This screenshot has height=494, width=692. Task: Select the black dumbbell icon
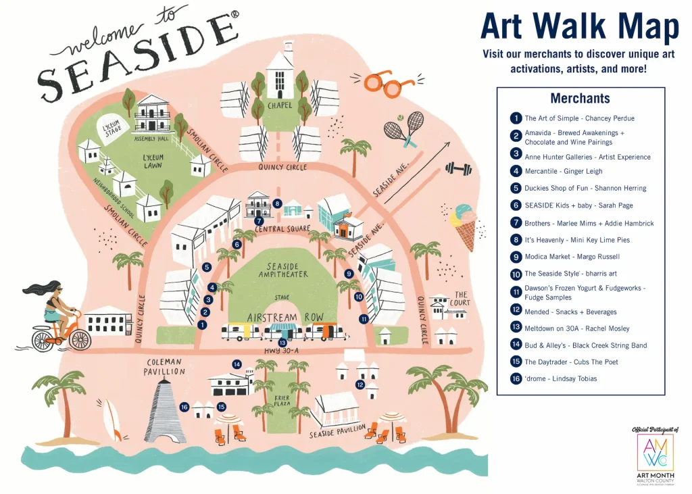[x=458, y=168]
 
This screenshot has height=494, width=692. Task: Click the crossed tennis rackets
[x=405, y=128]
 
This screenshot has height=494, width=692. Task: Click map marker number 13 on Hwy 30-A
[x=282, y=343]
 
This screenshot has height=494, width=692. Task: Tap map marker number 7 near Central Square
[x=259, y=221]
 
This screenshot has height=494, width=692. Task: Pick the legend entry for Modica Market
[x=572, y=257]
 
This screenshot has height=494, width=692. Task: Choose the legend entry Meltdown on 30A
[x=576, y=328]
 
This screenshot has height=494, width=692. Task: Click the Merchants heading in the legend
[x=580, y=99]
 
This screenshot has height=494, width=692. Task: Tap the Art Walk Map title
[x=579, y=28]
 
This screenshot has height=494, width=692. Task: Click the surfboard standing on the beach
[x=112, y=420]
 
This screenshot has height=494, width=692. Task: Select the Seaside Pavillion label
[x=337, y=430]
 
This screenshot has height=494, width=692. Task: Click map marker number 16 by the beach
[x=184, y=407]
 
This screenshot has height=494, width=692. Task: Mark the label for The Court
[x=461, y=298]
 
